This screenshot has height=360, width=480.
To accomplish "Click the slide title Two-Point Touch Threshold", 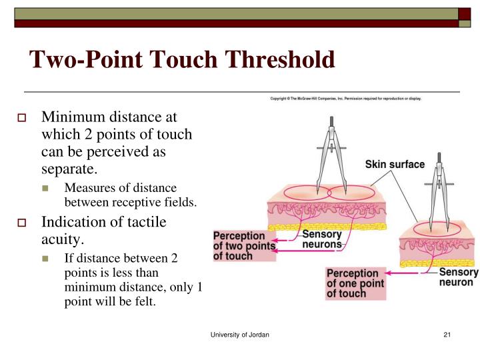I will [x=181, y=60].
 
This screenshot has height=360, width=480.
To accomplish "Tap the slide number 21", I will [x=447, y=334].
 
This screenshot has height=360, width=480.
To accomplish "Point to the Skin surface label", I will [x=395, y=164].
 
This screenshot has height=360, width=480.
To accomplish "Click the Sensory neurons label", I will [x=322, y=239].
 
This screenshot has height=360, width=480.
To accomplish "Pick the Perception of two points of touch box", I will [x=243, y=245].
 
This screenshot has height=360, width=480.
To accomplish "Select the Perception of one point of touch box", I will [x=356, y=283].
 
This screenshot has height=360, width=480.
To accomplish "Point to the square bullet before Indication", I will [x=30, y=223].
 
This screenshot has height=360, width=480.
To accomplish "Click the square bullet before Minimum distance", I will [x=30, y=118].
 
